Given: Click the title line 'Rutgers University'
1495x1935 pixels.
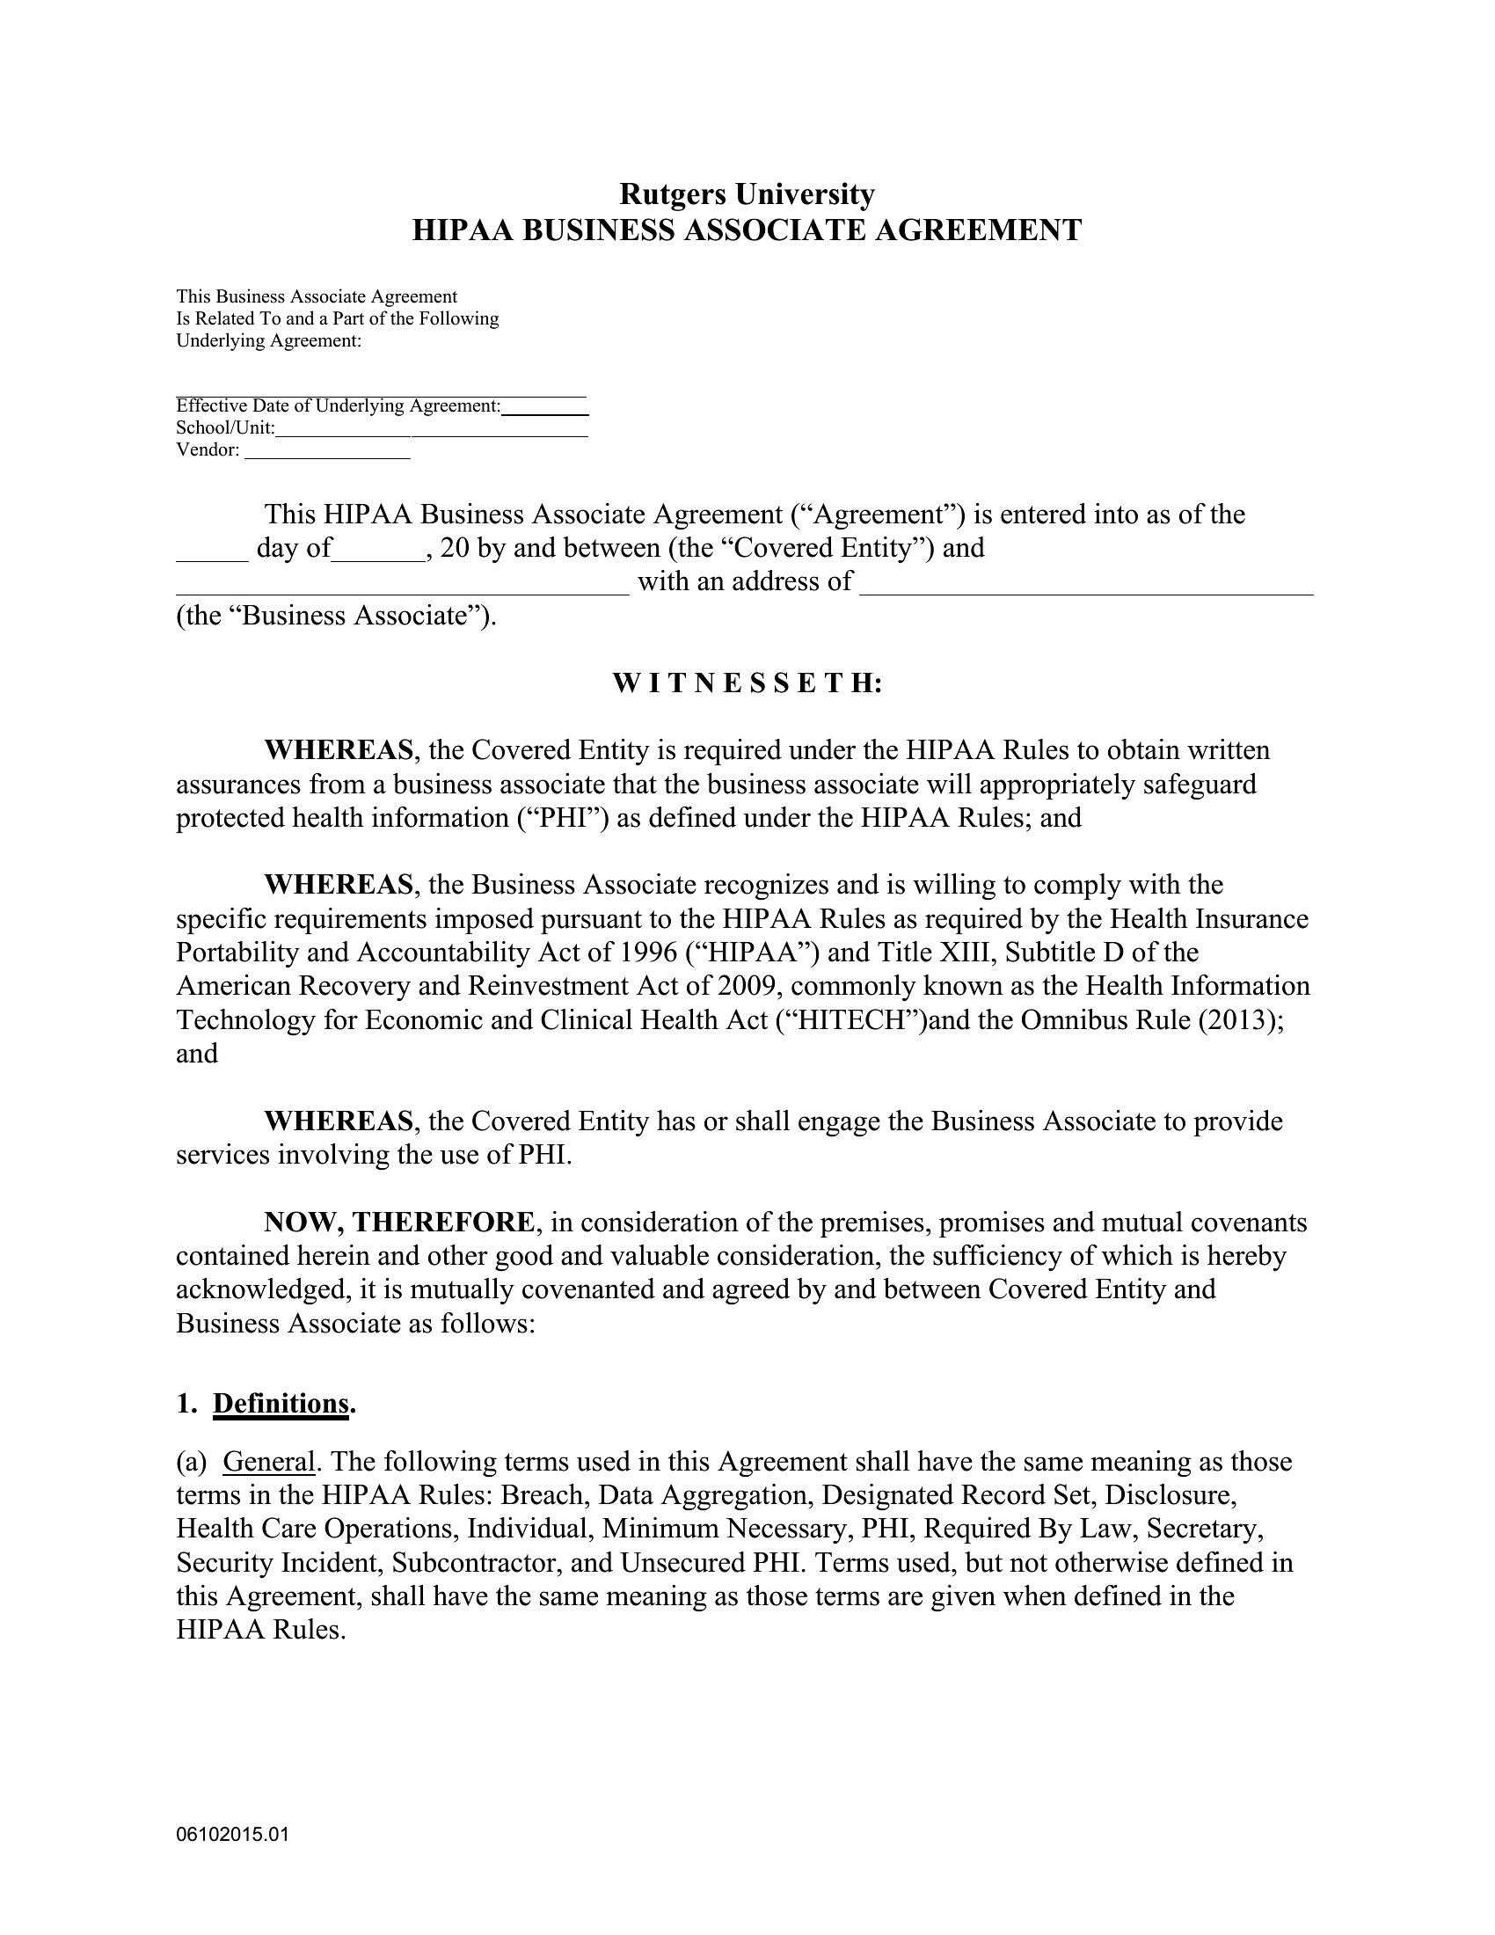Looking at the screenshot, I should pyautogui.click(x=747, y=193).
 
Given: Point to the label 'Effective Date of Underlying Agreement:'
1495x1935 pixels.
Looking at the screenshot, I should pyautogui.click(x=339, y=405).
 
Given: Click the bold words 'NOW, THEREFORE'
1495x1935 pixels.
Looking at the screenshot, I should pyautogui.click(x=398, y=1222).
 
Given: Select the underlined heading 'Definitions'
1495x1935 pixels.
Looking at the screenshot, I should pyautogui.click(x=281, y=1404).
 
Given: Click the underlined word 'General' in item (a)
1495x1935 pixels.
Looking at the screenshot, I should pyautogui.click(x=268, y=1461).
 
